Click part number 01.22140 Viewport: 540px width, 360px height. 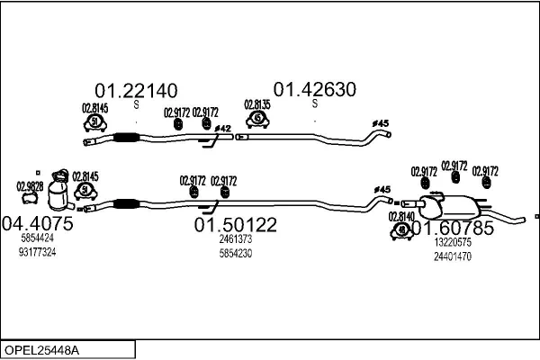coord(136,90)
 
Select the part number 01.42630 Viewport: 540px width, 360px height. coord(315,90)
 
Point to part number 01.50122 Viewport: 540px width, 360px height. coord(236,224)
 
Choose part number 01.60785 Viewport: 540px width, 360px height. coord(454,229)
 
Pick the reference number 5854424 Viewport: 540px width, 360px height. coord(36,238)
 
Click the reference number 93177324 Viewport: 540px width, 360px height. coord(36,252)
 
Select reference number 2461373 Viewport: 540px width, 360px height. coord(235,239)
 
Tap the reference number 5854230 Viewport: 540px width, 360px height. coord(235,253)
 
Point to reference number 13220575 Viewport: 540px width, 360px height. coord(453,243)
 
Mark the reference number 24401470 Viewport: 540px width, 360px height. coord(453,256)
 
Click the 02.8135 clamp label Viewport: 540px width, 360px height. coord(257,104)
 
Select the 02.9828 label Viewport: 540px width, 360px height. coord(30,186)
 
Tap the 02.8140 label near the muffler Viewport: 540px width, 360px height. coord(401,217)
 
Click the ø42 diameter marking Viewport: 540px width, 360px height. coord(223,129)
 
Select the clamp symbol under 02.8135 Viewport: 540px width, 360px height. coord(258,118)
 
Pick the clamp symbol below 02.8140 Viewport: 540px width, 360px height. coord(400,230)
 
